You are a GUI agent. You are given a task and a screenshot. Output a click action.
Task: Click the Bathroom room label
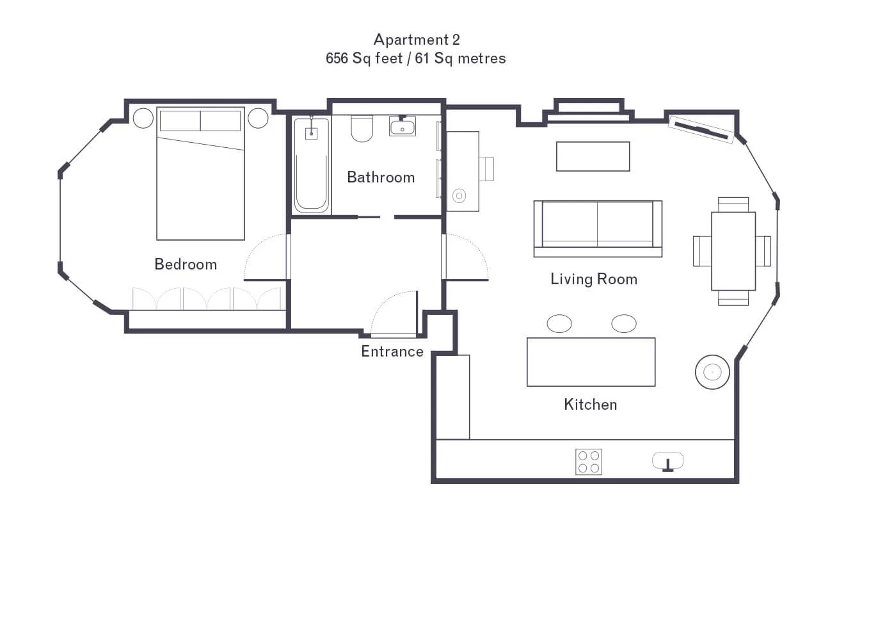click(x=381, y=177)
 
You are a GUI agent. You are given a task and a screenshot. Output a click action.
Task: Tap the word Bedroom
click(x=186, y=264)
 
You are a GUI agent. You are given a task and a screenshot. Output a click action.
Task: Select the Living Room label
click(x=594, y=279)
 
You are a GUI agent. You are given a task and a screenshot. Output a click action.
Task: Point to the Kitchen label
click(x=590, y=405)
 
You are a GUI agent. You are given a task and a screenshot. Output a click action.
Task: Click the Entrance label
click(x=392, y=351)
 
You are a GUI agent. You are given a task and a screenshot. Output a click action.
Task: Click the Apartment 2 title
click(x=417, y=40)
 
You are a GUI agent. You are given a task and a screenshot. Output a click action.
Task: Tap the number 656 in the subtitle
click(x=337, y=58)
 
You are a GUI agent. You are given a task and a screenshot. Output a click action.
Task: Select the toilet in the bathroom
click(x=362, y=129)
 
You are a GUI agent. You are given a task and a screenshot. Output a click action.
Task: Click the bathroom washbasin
click(x=403, y=125)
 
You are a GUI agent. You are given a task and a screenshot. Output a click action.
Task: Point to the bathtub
click(x=312, y=165)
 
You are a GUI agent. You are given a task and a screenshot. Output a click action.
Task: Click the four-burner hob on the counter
click(x=589, y=462)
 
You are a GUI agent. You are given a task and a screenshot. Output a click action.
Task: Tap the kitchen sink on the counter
click(x=667, y=462)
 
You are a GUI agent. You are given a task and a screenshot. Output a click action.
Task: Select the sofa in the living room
click(x=598, y=229)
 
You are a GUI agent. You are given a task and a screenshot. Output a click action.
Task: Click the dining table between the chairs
click(x=733, y=251)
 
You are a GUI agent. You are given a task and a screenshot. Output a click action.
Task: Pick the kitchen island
click(x=591, y=362)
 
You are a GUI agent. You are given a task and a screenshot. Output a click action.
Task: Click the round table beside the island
click(x=712, y=372)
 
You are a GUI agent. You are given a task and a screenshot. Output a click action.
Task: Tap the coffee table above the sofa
click(x=593, y=156)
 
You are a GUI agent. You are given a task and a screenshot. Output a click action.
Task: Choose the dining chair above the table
click(x=733, y=204)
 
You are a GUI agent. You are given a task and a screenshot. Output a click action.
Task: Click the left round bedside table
click(x=143, y=118)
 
